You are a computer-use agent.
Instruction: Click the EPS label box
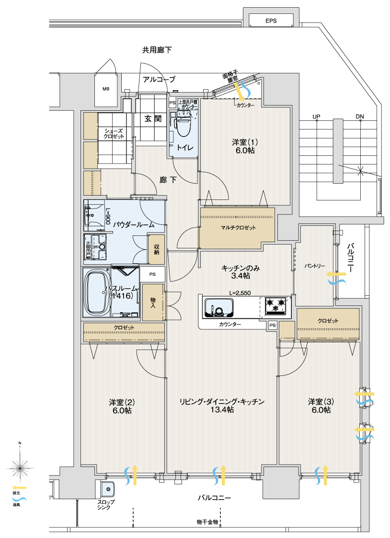272,21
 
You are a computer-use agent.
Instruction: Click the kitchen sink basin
218,307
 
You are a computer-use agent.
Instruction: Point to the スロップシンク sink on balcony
109,490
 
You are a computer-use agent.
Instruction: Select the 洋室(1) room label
245,146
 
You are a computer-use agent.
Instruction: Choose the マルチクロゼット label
238,227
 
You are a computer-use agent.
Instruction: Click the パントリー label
314,266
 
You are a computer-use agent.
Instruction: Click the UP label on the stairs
316,117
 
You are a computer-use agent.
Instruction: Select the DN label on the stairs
360,117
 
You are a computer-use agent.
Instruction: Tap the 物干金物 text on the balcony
207,521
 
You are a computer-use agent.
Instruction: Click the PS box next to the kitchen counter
272,325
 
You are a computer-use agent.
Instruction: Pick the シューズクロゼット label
114,133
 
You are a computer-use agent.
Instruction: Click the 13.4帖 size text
222,410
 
